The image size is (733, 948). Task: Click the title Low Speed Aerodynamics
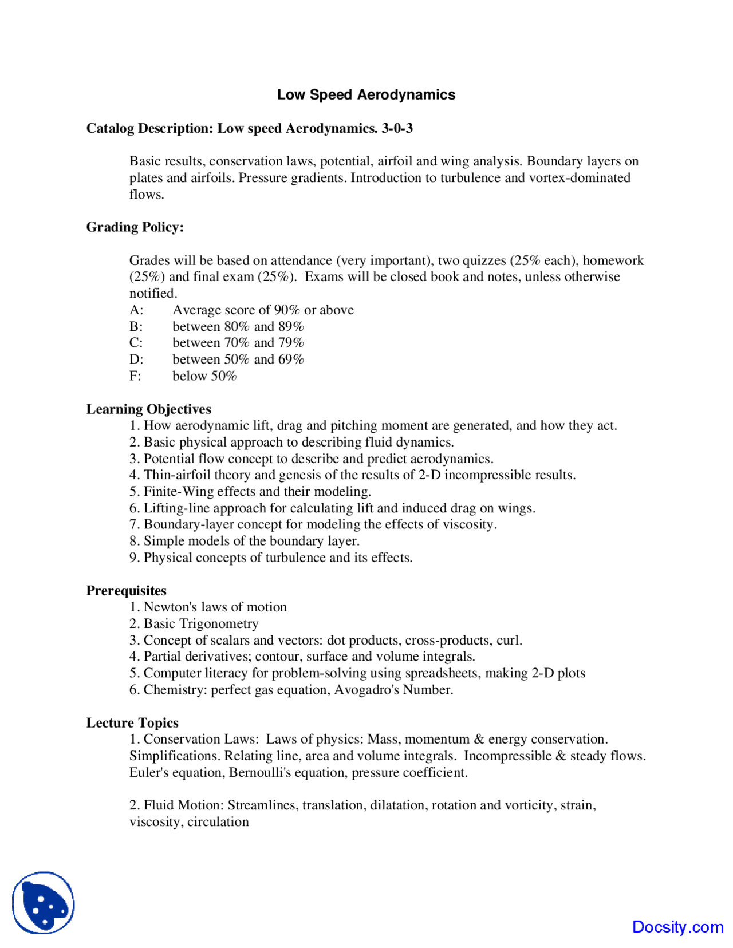click(x=366, y=95)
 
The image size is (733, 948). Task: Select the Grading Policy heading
click(x=135, y=227)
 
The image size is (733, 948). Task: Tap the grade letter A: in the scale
click(x=136, y=310)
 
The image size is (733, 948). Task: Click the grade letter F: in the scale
click(x=135, y=376)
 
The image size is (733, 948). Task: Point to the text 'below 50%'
click(x=204, y=376)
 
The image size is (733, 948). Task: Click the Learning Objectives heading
click(x=149, y=409)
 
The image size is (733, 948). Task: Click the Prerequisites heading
click(x=127, y=591)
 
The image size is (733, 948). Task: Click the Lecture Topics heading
click(x=132, y=723)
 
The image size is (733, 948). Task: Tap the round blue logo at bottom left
click(x=44, y=903)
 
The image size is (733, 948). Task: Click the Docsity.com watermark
click(x=677, y=927)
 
